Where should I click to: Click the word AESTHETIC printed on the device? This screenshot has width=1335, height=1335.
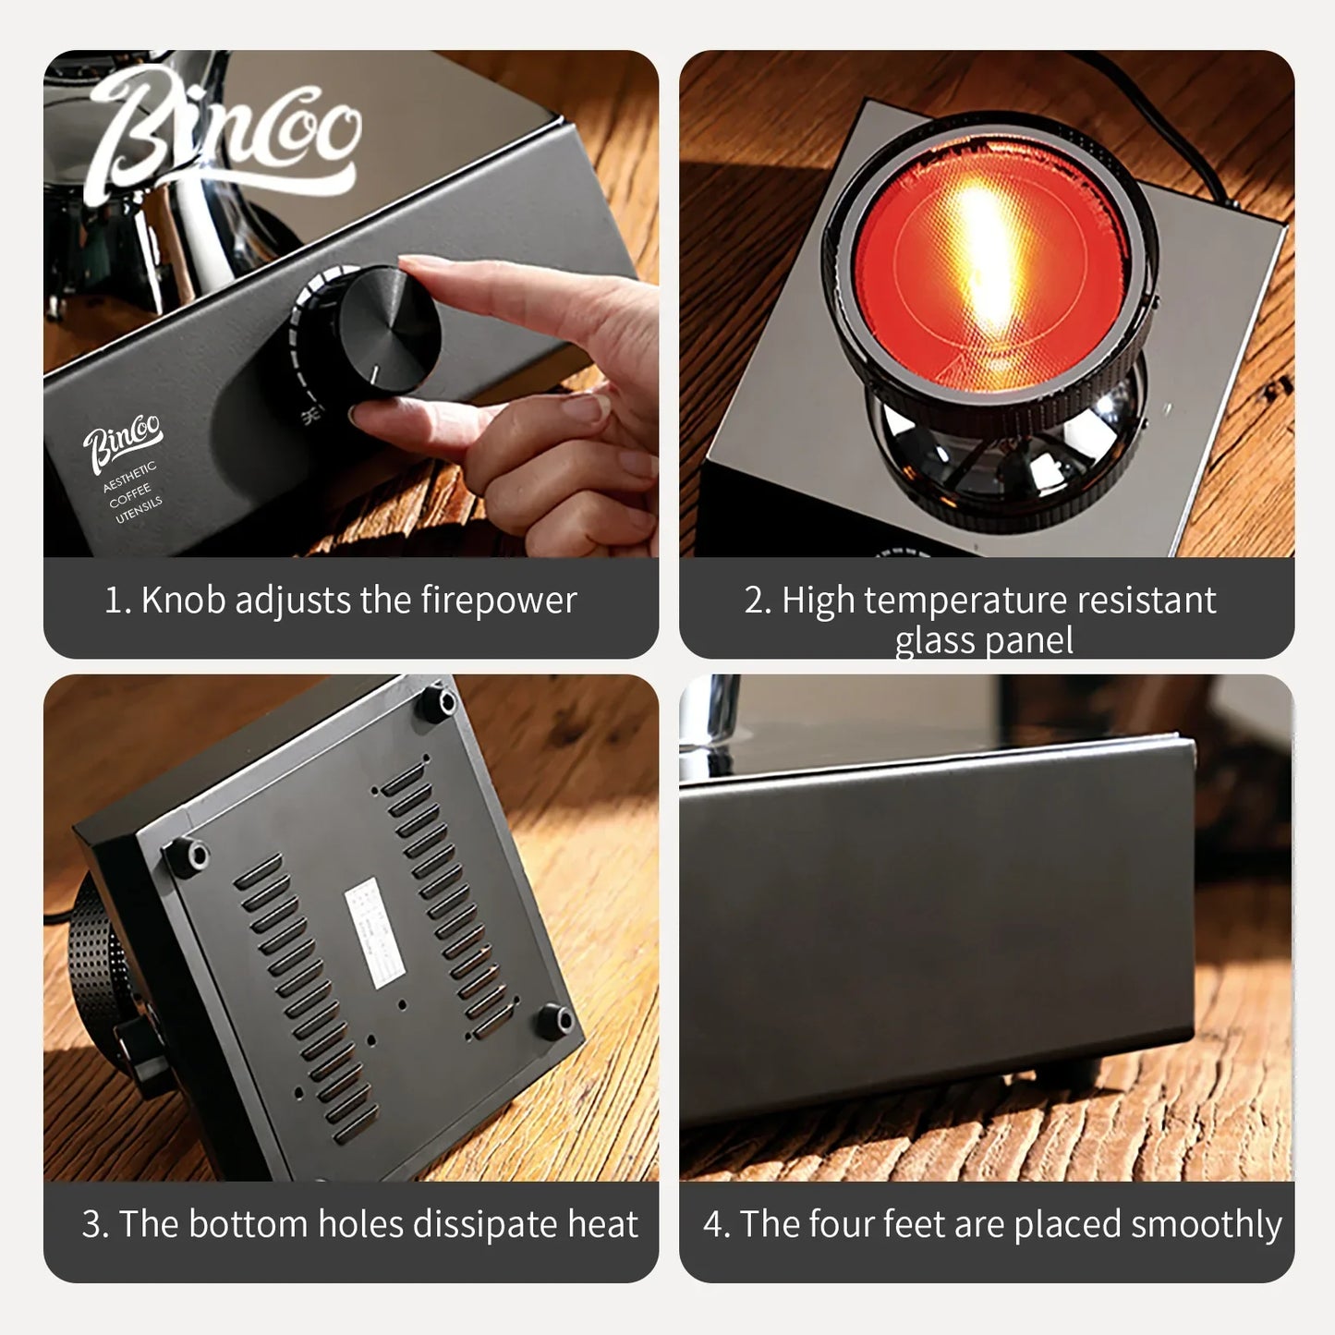[x=128, y=478]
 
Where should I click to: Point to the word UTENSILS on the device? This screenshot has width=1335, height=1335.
[x=139, y=510]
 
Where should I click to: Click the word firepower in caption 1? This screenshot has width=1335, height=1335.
[x=499, y=601]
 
